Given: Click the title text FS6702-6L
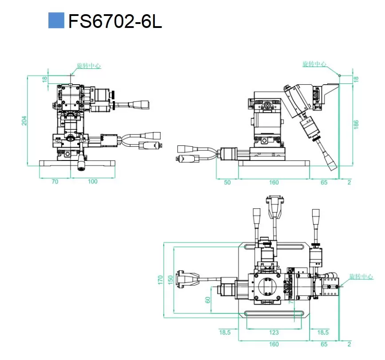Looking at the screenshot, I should pos(115,21).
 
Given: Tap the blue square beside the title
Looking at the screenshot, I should pos(56,20).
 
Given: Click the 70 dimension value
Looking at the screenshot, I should pos(55,181).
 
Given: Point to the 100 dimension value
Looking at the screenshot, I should pos(92,181).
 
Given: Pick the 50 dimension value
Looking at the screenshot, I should pos(227,182).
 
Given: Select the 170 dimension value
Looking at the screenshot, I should pos(160,280).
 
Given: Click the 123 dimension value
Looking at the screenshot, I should pos(274,333).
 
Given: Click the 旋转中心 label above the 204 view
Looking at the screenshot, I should pos(89,66).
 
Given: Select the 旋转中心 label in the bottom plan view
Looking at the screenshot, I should pos(361,277).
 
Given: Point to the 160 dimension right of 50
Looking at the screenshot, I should pos(274,182).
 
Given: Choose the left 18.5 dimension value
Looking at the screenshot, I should pos(225,333).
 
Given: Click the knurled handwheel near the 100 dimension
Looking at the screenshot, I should pos(81,164).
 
